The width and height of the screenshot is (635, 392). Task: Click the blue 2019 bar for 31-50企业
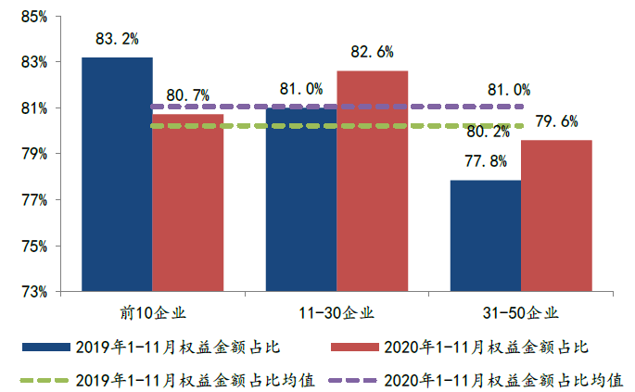(485, 236)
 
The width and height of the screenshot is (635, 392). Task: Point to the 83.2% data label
(117, 39)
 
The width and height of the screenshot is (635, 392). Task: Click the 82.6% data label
(373, 52)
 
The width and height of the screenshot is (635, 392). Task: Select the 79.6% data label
(557, 121)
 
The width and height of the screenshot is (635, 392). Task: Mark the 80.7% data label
(188, 95)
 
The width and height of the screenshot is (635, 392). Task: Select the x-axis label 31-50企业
(521, 312)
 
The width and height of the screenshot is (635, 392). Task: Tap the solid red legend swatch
(354, 347)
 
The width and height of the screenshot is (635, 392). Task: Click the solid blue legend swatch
(47, 347)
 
